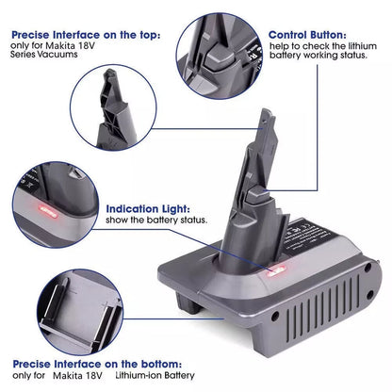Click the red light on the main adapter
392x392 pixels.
click(277, 271)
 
